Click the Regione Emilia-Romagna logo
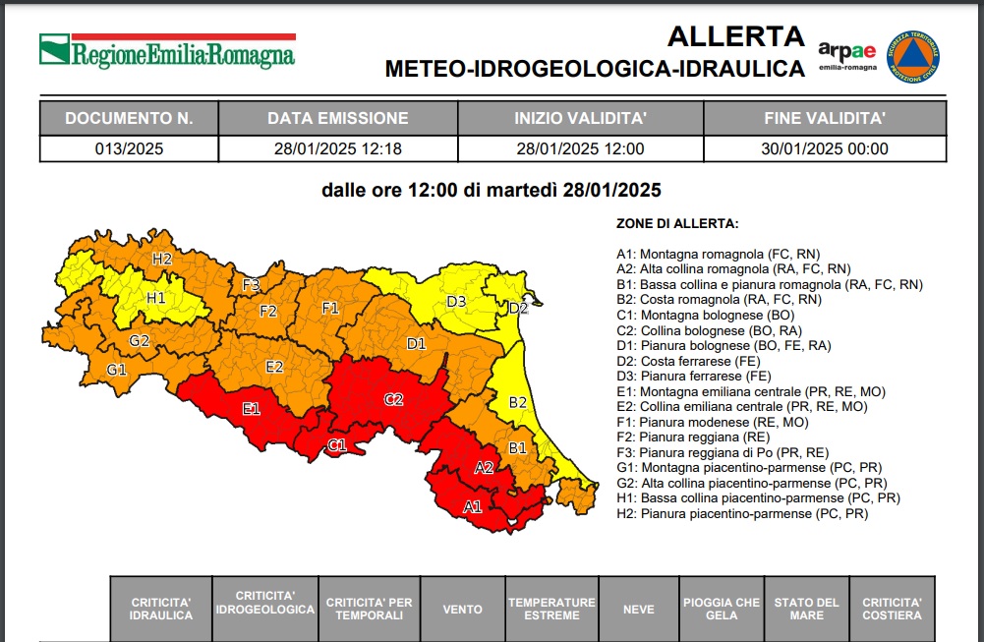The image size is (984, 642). click(x=167, y=51)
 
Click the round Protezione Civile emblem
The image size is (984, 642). click(x=912, y=57)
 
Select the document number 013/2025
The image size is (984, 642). click(x=129, y=149)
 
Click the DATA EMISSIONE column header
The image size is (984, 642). click(x=338, y=119)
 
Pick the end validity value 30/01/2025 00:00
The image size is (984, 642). click(x=825, y=149)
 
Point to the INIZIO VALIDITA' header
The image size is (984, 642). click(x=580, y=119)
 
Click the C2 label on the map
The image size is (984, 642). click(x=394, y=399)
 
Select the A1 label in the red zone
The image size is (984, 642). click(x=473, y=507)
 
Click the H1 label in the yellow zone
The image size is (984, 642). click(x=156, y=298)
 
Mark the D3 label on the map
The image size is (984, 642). click(x=456, y=301)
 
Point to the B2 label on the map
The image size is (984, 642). click(x=518, y=402)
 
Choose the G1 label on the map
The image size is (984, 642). click(x=117, y=370)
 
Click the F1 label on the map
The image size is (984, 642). click(x=330, y=308)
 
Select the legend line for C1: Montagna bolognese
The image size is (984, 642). click(x=705, y=316)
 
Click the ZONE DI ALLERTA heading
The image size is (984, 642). click(x=677, y=224)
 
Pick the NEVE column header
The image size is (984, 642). click(x=638, y=610)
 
